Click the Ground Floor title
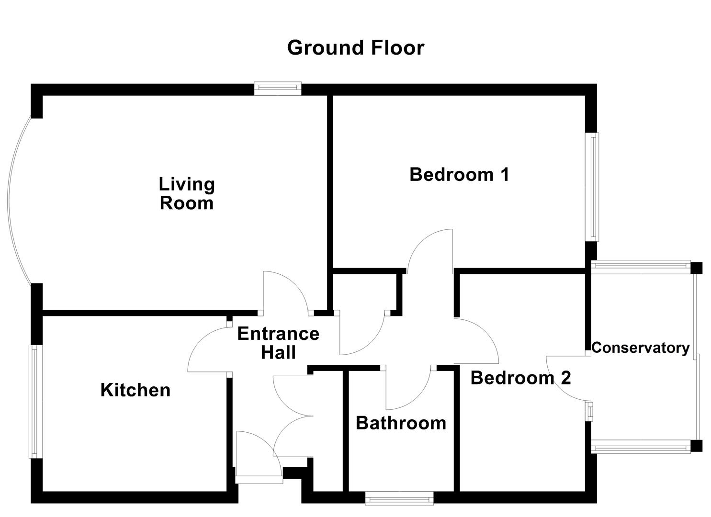(x=355, y=48)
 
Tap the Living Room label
(x=187, y=193)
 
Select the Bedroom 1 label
(x=459, y=175)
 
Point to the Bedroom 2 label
(x=520, y=378)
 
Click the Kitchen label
(x=135, y=390)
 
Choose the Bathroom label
(x=401, y=423)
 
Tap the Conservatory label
(x=640, y=348)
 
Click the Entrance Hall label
(x=278, y=343)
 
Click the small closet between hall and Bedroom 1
(x=366, y=292)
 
